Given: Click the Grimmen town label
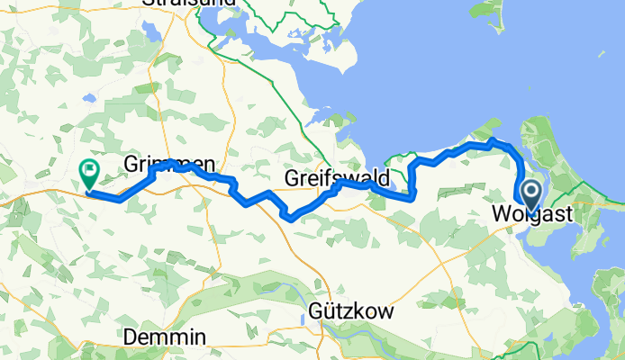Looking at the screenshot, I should tap(168, 165).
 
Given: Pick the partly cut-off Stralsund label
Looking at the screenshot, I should tap(188, 4).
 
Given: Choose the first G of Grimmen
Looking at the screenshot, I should tap(130, 165).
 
